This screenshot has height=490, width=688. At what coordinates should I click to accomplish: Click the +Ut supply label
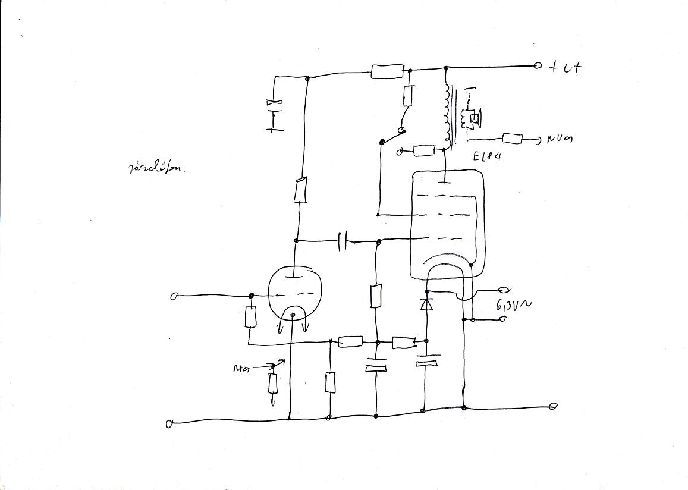pyautogui.click(x=565, y=67)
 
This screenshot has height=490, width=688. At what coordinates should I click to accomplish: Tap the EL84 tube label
pyautogui.click(x=487, y=157)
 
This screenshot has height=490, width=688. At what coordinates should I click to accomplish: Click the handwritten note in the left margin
pyautogui.click(x=156, y=168)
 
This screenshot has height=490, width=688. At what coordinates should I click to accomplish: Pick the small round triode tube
pyautogui.click(x=291, y=293)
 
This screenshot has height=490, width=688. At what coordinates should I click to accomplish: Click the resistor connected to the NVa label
pyautogui.click(x=512, y=139)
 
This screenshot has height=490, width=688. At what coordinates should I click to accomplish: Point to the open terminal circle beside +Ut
pyautogui.click(x=538, y=66)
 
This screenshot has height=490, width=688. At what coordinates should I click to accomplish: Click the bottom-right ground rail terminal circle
pyautogui.click(x=553, y=407)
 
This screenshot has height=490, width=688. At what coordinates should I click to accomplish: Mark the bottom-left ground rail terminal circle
pyautogui.click(x=169, y=423)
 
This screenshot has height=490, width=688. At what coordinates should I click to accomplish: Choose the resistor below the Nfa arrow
pyautogui.click(x=273, y=384)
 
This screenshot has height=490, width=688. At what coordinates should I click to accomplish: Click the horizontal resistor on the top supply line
pyautogui.click(x=387, y=72)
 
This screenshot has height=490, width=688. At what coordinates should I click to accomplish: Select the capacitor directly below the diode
pyautogui.click(x=426, y=360)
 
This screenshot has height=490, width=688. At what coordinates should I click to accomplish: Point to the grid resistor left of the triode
pyautogui.click(x=250, y=317)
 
